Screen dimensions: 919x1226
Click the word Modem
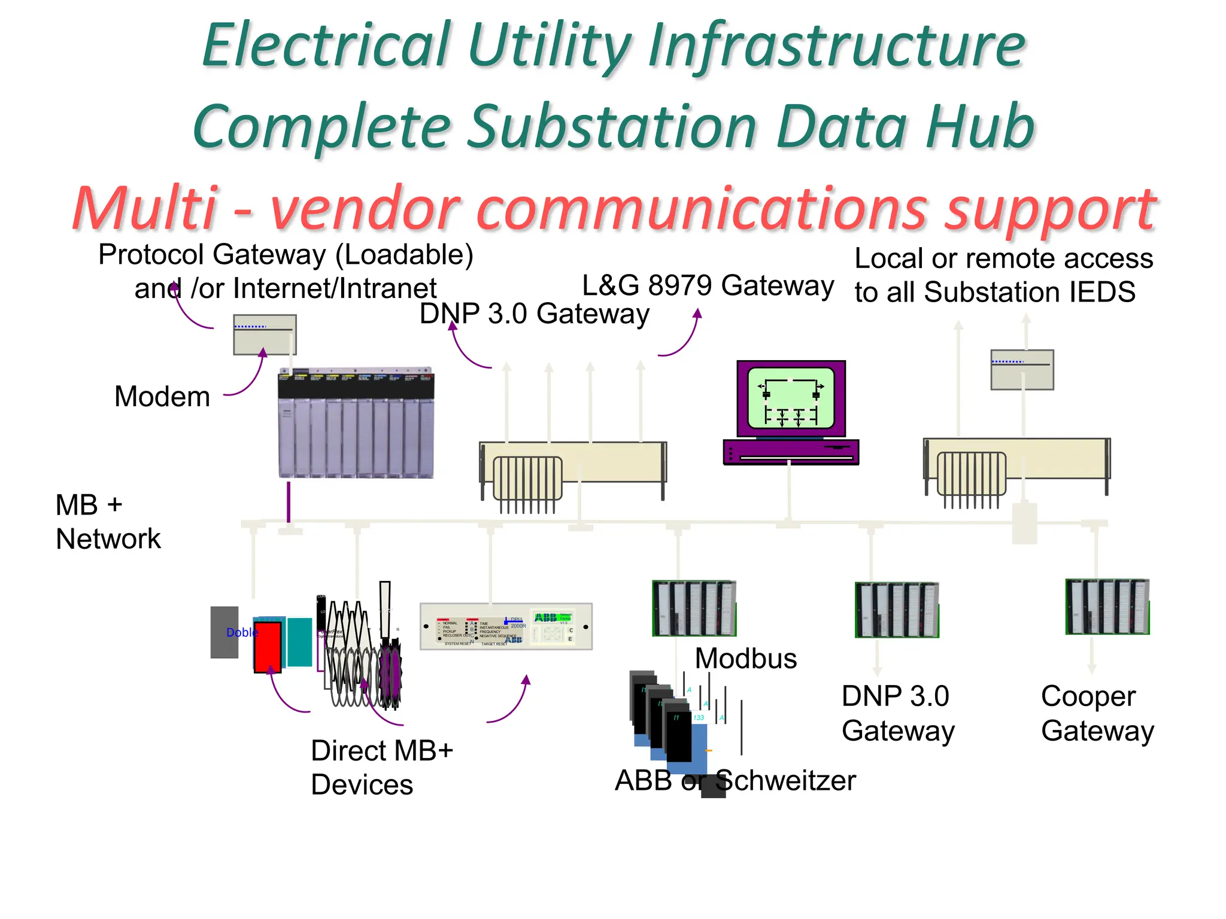pyautogui.click(x=162, y=397)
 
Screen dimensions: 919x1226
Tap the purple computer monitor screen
pyautogui.click(x=791, y=398)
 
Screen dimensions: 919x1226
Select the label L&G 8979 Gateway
pyautogui.click(x=708, y=285)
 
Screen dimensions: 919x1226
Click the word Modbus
pyautogui.click(x=745, y=659)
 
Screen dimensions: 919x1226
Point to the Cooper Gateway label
pyautogui.click(x=1097, y=713)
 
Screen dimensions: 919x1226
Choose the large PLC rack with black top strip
pyautogui.click(x=356, y=424)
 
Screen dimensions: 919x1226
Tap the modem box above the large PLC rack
pyautogui.click(x=265, y=335)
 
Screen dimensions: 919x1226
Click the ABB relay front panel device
pyautogui.click(x=506, y=626)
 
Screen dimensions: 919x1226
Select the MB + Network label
pyautogui.click(x=108, y=522)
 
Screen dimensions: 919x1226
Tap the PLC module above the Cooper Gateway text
pyautogui.click(x=1107, y=607)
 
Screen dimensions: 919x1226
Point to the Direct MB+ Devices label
pyautogui.click(x=381, y=767)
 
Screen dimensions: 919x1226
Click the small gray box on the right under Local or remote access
pyautogui.click(x=1022, y=370)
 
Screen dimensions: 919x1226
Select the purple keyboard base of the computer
pyautogui.click(x=791, y=452)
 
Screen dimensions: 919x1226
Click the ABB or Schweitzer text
pyautogui.click(x=735, y=781)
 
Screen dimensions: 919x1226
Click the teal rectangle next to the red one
pyautogui.click(x=299, y=642)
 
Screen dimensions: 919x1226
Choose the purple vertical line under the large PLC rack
pyautogui.click(x=289, y=502)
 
